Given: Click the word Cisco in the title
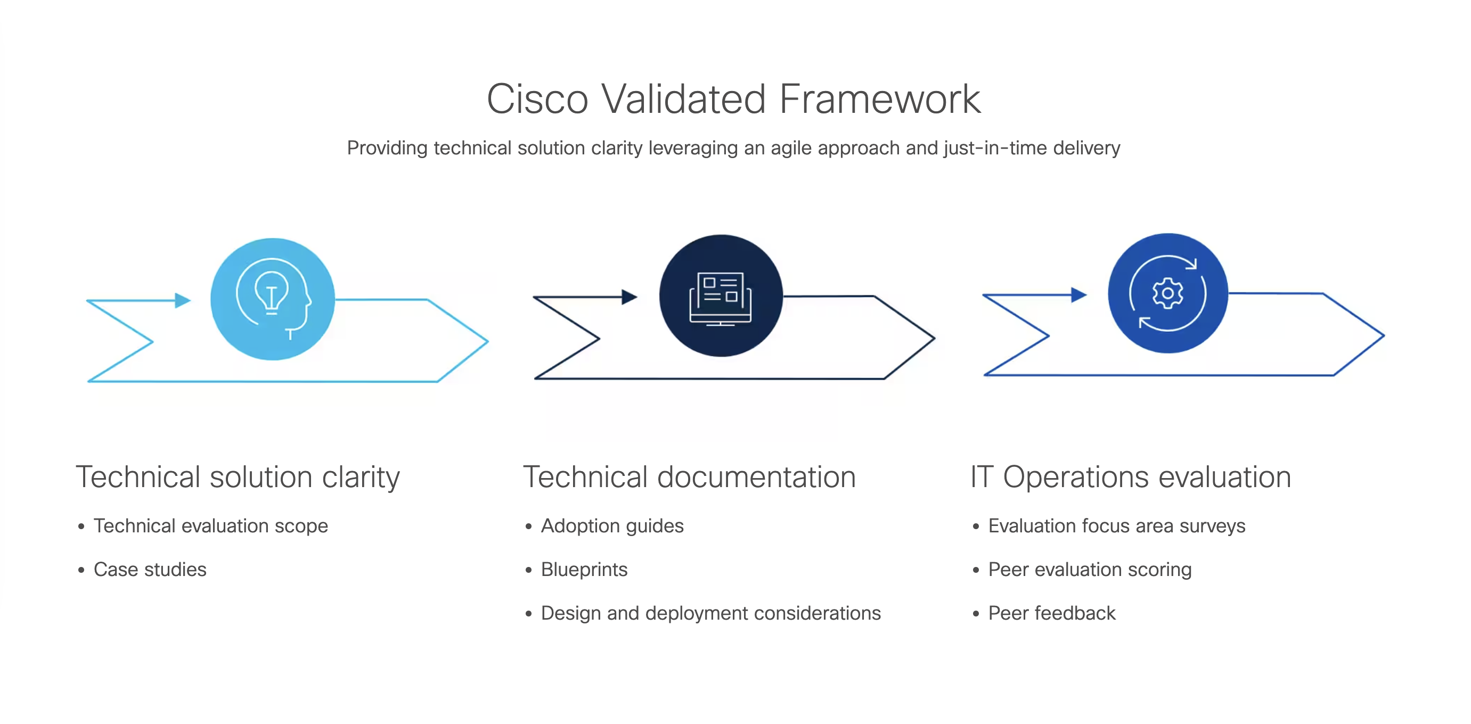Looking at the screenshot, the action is tap(537, 100).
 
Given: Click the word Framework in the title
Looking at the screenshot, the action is tap(880, 100).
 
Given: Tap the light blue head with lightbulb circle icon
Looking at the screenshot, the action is tap(272, 299).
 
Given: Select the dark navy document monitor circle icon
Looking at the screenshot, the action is tap(721, 296).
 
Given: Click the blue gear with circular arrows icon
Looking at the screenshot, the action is tap(1168, 293).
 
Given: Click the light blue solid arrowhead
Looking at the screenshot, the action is tap(183, 300).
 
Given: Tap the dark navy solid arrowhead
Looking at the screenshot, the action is tap(630, 297).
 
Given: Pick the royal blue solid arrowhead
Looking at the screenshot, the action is tap(1078, 294).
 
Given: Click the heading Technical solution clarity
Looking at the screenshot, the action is tap(238, 478).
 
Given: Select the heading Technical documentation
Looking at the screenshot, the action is tap(689, 478).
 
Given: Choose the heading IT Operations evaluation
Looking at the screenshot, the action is tap(1131, 478).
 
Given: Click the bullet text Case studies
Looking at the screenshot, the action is tap(150, 569).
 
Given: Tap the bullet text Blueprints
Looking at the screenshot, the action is tap(584, 569).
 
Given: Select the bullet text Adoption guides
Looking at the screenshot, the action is tap(612, 526).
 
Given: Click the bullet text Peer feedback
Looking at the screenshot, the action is tap(1052, 613).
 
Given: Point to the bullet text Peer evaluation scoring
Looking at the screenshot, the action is tap(1090, 569).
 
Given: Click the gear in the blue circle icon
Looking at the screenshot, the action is tap(1168, 293).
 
